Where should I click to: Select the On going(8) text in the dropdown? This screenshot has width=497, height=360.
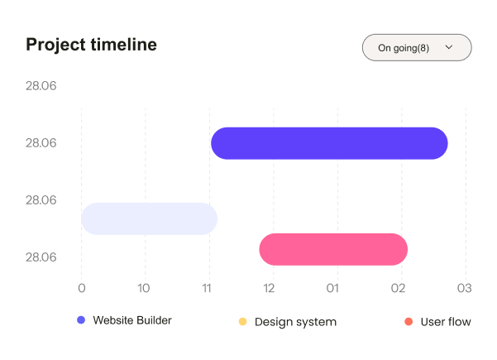click(404, 48)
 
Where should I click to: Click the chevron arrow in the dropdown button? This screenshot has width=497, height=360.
click(449, 48)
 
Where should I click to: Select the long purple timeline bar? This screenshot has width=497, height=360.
click(329, 143)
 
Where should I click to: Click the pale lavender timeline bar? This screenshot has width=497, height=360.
click(149, 218)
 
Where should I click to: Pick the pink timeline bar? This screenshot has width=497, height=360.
click(333, 249)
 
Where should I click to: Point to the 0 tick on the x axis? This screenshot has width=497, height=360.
click(81, 288)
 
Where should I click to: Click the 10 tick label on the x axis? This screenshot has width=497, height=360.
click(144, 288)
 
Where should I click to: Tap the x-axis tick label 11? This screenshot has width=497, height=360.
click(208, 288)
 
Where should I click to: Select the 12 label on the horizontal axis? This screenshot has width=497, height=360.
click(270, 288)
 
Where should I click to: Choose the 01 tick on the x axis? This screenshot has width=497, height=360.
click(332, 288)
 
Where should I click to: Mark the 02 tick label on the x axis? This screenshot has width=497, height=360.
click(399, 288)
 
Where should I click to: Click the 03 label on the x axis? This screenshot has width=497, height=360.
click(464, 288)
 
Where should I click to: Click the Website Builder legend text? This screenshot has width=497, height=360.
click(132, 320)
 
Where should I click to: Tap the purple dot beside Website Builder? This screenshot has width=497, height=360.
click(81, 320)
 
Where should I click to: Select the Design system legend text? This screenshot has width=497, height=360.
click(295, 322)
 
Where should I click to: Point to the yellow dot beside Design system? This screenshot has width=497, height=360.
click(242, 321)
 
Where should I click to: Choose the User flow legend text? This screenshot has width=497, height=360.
click(446, 322)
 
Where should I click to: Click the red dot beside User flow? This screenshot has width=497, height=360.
click(409, 321)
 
